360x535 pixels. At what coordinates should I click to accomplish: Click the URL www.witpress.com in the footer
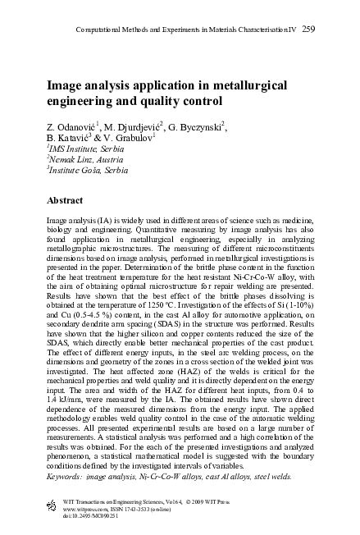coord(85,508)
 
